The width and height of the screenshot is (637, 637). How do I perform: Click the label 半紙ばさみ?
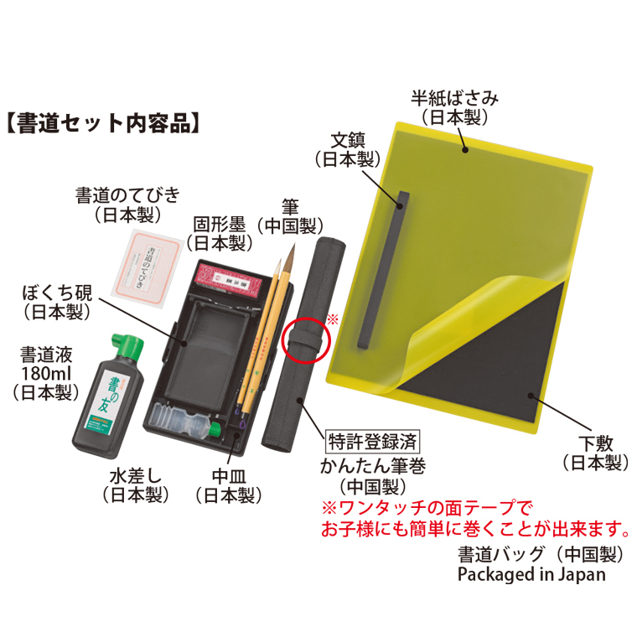[x=454, y=98]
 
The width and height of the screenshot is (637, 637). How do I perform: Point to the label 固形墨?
[x=219, y=225]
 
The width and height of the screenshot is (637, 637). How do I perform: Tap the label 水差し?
[x=136, y=476]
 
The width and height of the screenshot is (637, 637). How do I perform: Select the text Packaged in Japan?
[x=531, y=575]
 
